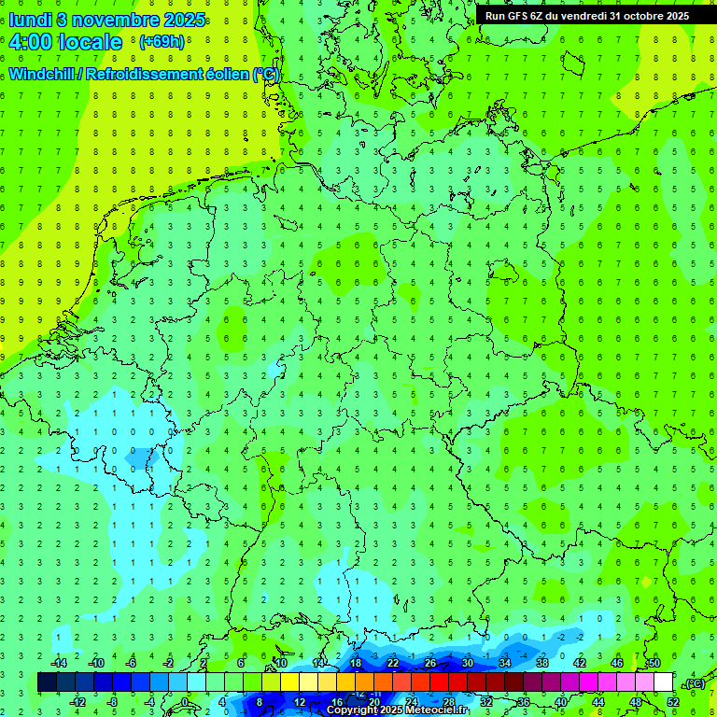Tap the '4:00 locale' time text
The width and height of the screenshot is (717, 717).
pos(65,43)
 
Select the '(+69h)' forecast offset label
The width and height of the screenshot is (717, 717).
pos(162,42)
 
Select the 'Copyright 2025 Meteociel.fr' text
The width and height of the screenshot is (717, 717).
pos(397,710)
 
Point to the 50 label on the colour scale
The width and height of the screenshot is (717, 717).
pos(654,663)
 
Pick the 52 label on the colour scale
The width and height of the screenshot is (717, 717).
pos(673,702)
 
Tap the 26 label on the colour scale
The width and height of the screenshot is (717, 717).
pos(430,663)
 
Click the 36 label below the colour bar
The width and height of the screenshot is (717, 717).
pos(524,702)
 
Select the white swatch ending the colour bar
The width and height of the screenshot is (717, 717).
pos(664,682)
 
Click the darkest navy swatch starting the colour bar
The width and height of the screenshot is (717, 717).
pos(47,682)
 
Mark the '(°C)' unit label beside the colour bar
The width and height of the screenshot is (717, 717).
pos(694,683)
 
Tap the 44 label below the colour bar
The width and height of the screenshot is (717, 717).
pos(598,702)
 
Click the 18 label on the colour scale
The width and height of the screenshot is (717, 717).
pos(356,663)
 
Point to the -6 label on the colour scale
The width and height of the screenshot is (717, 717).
pos(132,663)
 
